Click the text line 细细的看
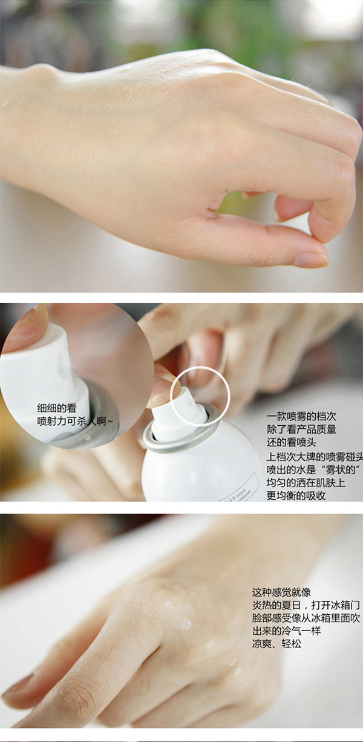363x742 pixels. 57,408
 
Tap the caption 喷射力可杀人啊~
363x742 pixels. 75,422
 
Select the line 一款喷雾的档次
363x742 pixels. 301,416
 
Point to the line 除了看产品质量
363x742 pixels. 301,429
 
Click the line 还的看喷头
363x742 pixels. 292,443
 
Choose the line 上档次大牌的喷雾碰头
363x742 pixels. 315,457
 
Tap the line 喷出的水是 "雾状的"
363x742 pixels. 313,470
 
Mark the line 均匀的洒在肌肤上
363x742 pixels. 306,483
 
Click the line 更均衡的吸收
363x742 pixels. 296,495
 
